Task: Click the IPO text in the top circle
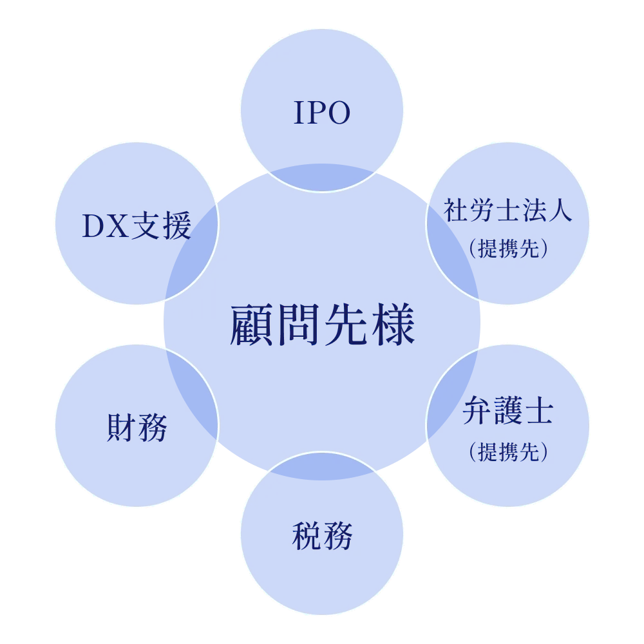(322, 113)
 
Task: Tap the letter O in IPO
(338, 113)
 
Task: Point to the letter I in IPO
(298, 113)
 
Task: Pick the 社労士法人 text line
(507, 211)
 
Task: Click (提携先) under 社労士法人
(507, 249)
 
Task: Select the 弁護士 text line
(507, 412)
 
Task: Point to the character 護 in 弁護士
(507, 412)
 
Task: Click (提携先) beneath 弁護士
(507, 451)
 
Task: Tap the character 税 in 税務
(307, 536)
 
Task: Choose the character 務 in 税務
(337, 536)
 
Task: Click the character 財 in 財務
(121, 427)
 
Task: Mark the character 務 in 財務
(152, 427)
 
